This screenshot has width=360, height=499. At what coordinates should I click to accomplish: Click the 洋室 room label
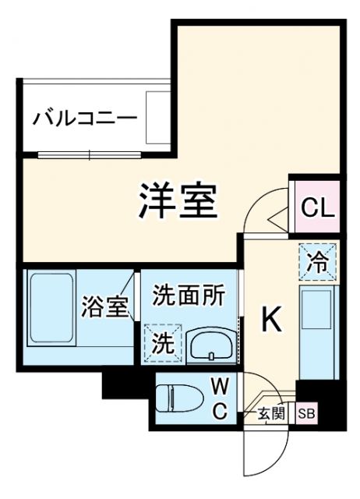pyautogui.click(x=178, y=202)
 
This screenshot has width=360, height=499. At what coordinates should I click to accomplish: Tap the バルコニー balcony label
pyautogui.click(x=85, y=120)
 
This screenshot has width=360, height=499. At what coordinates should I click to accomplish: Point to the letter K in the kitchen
pyautogui.click(x=270, y=320)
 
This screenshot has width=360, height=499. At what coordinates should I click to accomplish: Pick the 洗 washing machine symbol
pyautogui.click(x=162, y=342)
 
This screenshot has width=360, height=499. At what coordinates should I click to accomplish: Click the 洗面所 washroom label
pyautogui.click(x=189, y=296)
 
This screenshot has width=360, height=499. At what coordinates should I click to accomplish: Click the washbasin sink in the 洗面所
pyautogui.click(x=210, y=344)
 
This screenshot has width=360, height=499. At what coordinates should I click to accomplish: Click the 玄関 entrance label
pyautogui.click(x=273, y=414)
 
